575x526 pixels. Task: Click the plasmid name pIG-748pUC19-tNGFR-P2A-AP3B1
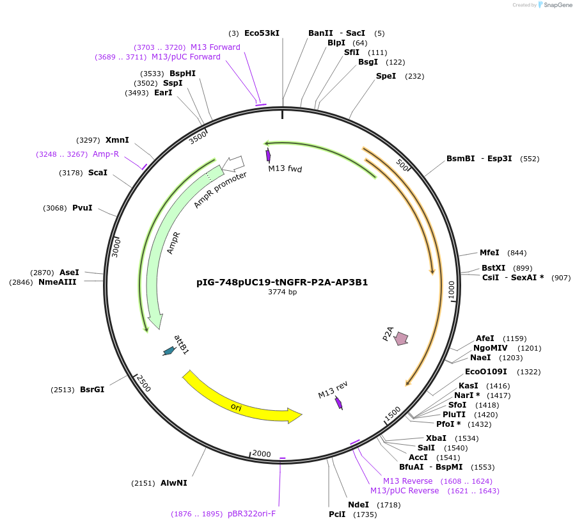[282, 282]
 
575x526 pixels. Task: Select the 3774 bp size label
[282, 292]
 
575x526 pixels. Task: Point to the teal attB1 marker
[169, 350]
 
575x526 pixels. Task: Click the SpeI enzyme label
[386, 76]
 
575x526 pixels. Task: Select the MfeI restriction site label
[489, 253]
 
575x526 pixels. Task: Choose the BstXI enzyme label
[493, 268]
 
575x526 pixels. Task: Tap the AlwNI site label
[173, 483]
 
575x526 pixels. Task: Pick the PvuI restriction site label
[82, 208]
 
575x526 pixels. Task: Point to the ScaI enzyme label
[97, 173]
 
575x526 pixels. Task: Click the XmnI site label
[117, 140]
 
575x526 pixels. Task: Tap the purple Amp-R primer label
[106, 154]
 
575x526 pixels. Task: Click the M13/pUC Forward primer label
[185, 57]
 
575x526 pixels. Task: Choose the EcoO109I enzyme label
[485, 372]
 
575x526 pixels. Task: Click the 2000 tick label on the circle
[261, 454]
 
